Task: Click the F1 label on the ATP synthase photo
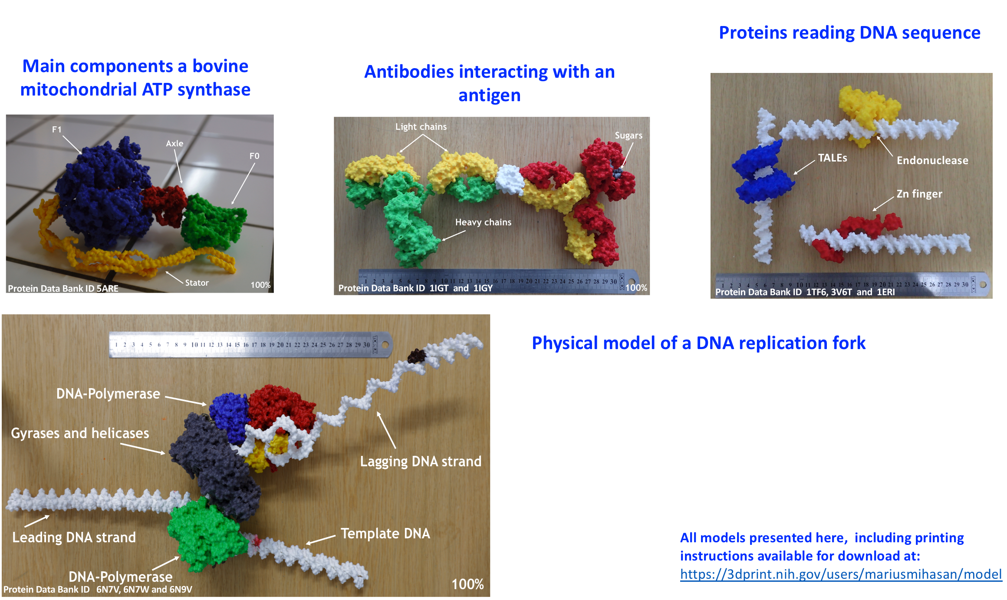[56, 129]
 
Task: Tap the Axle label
[174, 143]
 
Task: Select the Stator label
[197, 283]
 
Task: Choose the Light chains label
[421, 127]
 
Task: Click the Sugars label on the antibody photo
[628, 135]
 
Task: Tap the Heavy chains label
[483, 222]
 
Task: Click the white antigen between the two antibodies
[510, 179]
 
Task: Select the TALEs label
[832, 158]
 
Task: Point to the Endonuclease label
[932, 161]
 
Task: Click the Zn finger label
[919, 194]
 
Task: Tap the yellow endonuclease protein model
[866, 106]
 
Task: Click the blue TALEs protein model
[762, 174]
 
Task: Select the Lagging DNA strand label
[421, 461]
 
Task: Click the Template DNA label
[385, 533]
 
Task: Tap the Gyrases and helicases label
[80, 433]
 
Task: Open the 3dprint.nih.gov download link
[841, 574]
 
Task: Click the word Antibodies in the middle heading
[409, 72]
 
